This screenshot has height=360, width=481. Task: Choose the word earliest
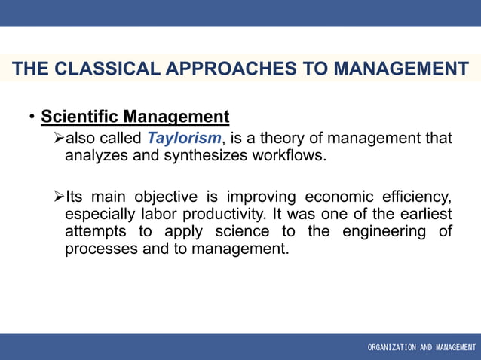(x=423, y=215)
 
